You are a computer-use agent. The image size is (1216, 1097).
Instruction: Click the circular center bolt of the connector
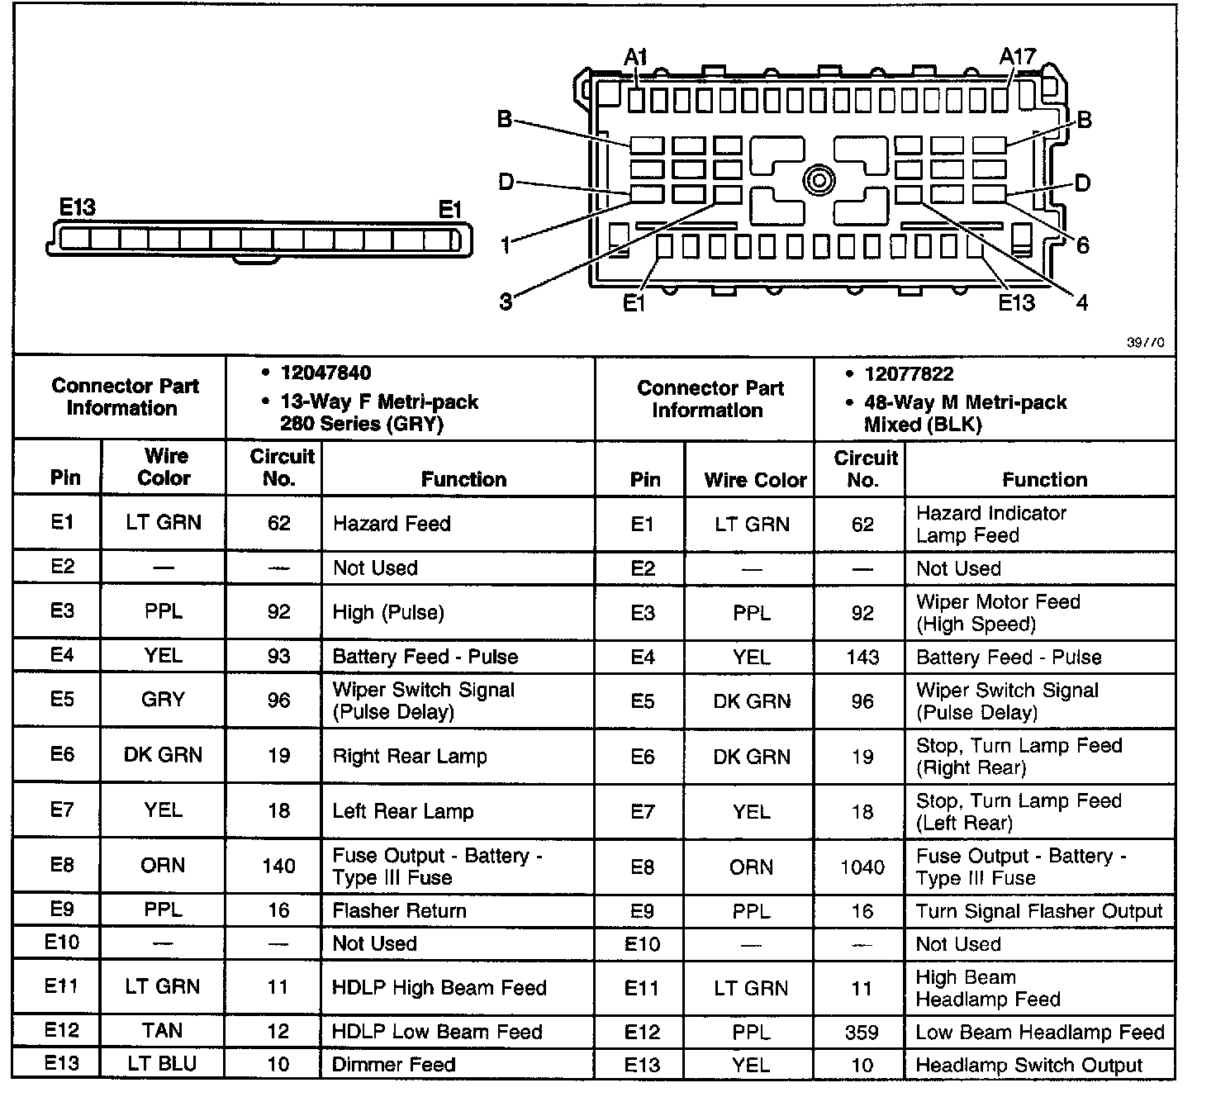pyautogui.click(x=819, y=180)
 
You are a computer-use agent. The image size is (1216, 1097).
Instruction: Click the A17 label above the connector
pyautogui.click(x=1017, y=57)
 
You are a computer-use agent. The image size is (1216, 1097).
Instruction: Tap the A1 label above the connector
pyautogui.click(x=635, y=57)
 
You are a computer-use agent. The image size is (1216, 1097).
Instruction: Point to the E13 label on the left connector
pyautogui.click(x=78, y=207)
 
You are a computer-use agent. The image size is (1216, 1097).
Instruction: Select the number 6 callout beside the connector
pyautogui.click(x=1082, y=245)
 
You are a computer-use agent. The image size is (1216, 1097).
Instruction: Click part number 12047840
pyautogui.click(x=325, y=373)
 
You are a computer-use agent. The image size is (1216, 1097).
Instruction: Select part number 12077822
pyautogui.click(x=909, y=374)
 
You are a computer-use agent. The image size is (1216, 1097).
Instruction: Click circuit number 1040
pyautogui.click(x=862, y=867)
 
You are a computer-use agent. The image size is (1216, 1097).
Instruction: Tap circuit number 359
pyautogui.click(x=862, y=1032)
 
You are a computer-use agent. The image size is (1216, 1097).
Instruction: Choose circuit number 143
pyautogui.click(x=862, y=658)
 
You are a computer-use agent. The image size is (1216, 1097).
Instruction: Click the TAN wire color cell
pyautogui.click(x=163, y=1031)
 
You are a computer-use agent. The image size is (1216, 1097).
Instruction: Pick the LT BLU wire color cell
pyautogui.click(x=163, y=1064)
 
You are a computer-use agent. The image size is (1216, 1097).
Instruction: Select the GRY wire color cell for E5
pyautogui.click(x=163, y=700)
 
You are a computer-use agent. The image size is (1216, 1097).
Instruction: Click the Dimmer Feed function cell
pyautogui.click(x=393, y=1064)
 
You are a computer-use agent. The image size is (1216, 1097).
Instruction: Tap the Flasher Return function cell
pyautogui.click(x=400, y=910)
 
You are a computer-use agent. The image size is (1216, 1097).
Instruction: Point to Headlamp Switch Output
pyautogui.click(x=1029, y=1066)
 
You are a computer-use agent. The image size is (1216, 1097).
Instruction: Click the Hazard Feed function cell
pyautogui.click(x=392, y=524)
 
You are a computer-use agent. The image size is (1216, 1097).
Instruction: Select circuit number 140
pyautogui.click(x=278, y=866)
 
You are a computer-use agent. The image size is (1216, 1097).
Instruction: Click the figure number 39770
pyautogui.click(x=1146, y=343)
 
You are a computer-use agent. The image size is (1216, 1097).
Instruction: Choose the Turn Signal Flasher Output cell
pyautogui.click(x=1039, y=911)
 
